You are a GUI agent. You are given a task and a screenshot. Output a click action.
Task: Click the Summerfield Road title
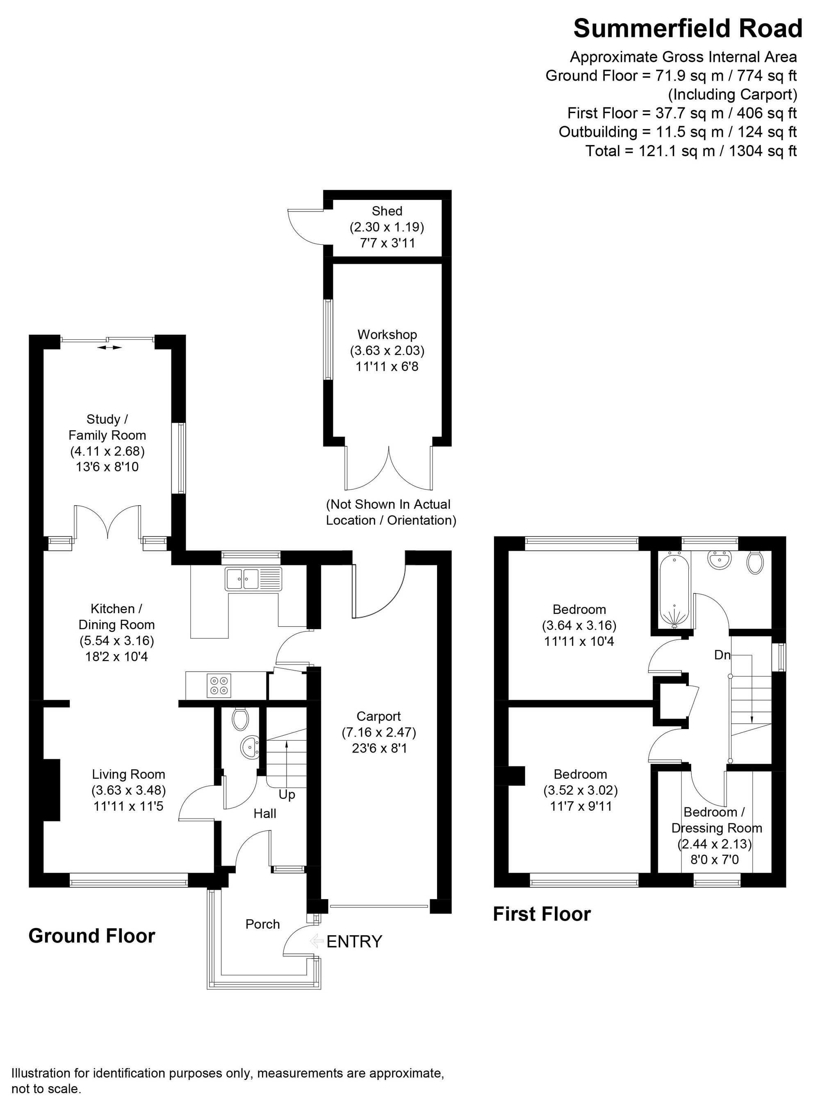pos(688,29)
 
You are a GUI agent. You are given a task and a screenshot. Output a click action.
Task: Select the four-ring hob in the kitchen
pos(219,685)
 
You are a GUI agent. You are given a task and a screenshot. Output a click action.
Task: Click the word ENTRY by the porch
pos(354,941)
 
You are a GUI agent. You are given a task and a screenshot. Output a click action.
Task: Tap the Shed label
pos(387,211)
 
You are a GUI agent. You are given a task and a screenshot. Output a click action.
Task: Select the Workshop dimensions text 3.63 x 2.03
pos(387,350)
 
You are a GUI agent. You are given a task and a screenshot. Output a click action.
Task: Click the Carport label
pos(378,716)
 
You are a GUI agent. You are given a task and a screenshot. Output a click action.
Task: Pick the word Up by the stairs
pos(287,794)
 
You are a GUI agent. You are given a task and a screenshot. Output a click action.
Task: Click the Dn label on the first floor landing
pos(722,655)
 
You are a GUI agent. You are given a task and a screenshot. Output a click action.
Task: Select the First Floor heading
pos(542,914)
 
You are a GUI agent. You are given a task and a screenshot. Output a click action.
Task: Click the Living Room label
pos(129,774)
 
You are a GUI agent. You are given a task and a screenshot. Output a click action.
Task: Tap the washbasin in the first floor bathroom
pos(719,561)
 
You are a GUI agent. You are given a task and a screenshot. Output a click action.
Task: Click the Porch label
pos(262,924)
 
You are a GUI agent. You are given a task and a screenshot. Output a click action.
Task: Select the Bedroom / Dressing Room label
pos(716,820)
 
